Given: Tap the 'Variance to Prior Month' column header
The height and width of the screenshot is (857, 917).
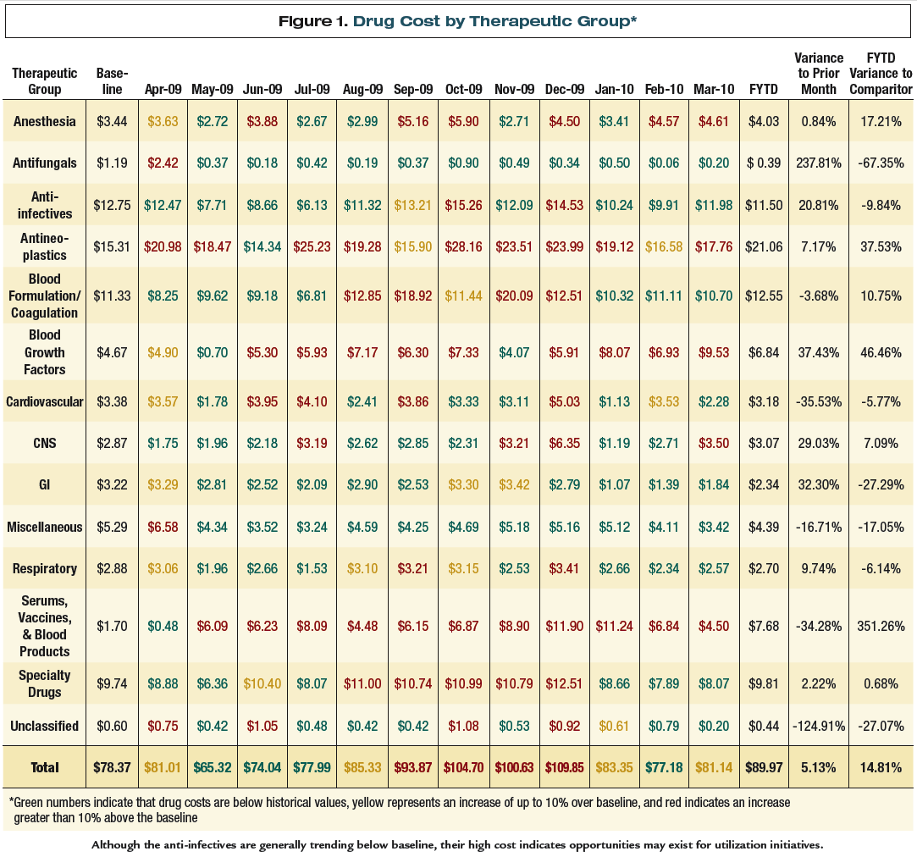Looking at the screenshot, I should coord(819,74).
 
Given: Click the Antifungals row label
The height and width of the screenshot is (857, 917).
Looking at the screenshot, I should coord(45,163).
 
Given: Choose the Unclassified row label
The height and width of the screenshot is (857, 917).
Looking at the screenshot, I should coord(45,726).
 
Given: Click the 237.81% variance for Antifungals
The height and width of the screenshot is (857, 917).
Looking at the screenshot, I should coord(819,163).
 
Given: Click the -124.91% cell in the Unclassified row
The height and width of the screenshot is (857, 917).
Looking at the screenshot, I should coord(819,726).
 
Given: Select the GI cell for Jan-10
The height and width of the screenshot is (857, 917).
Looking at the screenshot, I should coord(608,485).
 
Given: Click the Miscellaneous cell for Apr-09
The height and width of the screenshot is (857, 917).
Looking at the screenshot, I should coord(163,527).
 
